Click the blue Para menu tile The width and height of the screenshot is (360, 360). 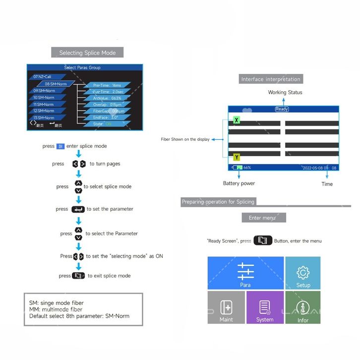(x=245, y=273)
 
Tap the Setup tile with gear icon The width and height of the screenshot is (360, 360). (x=303, y=273)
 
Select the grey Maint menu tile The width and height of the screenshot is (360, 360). (x=226, y=307)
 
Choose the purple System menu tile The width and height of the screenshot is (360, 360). (x=265, y=307)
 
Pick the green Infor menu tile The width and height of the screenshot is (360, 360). (x=303, y=307)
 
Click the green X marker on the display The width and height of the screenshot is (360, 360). (x=237, y=120)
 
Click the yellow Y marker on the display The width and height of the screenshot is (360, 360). (x=237, y=157)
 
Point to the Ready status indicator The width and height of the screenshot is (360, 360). (x=282, y=109)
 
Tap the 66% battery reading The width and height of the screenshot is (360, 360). (x=247, y=168)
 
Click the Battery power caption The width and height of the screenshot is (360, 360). (x=239, y=183)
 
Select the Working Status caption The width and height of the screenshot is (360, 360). (x=285, y=92)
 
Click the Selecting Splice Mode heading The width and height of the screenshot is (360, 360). (x=87, y=53)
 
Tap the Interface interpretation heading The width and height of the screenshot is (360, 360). (x=271, y=79)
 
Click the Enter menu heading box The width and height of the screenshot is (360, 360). (x=262, y=218)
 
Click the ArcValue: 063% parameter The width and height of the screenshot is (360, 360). (x=107, y=98)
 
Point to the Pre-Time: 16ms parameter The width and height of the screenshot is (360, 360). (x=107, y=85)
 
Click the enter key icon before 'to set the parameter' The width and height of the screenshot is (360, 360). (x=78, y=209)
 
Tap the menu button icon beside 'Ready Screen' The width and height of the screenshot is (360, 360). (x=263, y=240)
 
